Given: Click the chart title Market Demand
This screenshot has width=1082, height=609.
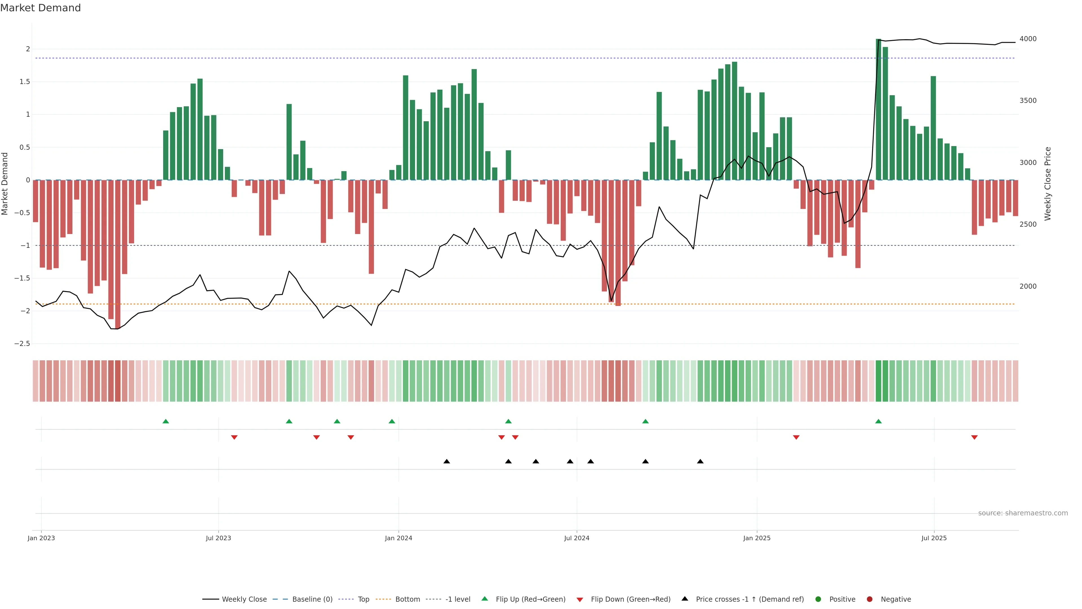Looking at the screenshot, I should point(40,8).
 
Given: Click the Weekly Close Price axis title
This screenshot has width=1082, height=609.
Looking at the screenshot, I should point(1048,183).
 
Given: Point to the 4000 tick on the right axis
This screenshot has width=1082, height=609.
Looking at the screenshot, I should point(1028,39).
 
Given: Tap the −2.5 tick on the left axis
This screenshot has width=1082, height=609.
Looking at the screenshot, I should point(22,343).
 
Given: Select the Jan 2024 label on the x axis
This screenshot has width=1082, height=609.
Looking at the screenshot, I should point(398,538).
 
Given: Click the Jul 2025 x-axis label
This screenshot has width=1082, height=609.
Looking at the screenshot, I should point(934,538).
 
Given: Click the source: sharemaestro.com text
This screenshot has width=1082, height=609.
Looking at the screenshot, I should point(1023,513).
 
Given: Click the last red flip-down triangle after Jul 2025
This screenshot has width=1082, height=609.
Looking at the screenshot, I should point(974,438).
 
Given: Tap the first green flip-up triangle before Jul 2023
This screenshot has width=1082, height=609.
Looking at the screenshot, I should point(165,421).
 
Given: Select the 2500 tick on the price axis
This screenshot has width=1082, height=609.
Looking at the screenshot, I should point(1028,224).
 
